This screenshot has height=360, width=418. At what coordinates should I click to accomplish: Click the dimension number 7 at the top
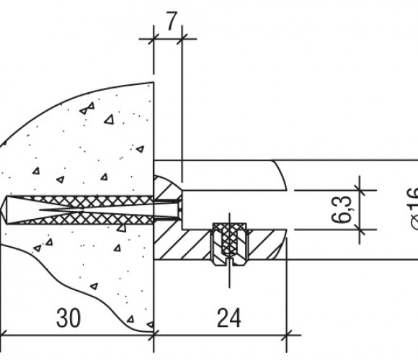[172, 22]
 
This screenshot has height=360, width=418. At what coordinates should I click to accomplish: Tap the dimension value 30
[68, 318]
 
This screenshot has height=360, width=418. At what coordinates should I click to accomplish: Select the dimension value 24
[229, 318]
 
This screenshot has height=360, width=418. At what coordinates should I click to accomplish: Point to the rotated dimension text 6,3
[342, 210]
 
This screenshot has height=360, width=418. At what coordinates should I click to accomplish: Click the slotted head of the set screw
[229, 261]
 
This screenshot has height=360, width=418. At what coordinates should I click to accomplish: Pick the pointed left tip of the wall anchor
[2, 210]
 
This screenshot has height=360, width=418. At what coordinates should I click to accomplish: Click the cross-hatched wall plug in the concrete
[80, 210]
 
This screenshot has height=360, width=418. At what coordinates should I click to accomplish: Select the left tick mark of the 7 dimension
[154, 39]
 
